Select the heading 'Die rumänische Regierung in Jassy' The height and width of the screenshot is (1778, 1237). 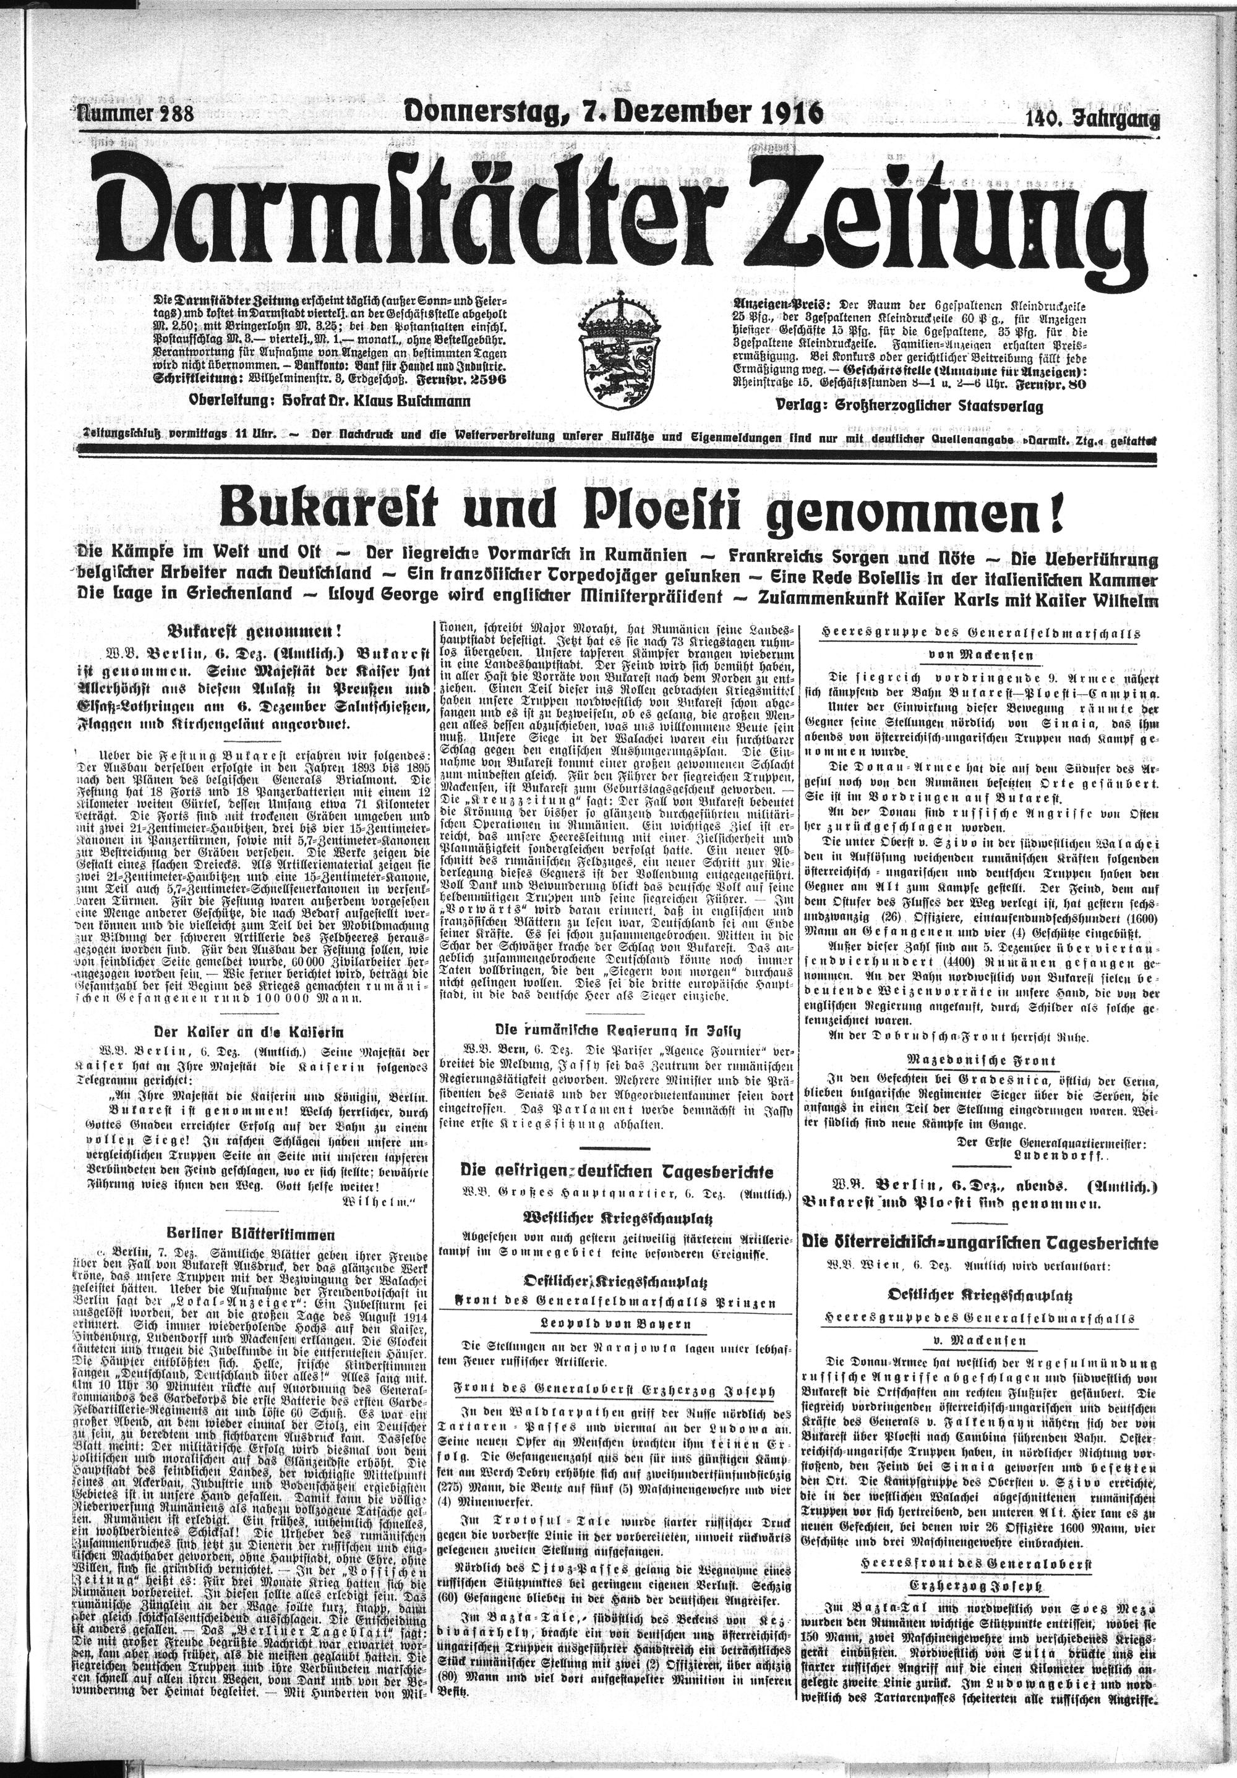pyautogui.click(x=617, y=1030)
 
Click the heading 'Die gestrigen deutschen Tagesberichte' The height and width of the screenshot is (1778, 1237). pyautogui.click(x=617, y=1171)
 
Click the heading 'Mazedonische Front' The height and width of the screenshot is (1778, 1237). pyautogui.click(x=982, y=1060)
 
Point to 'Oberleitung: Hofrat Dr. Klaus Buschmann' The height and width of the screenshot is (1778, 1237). pyautogui.click(x=329, y=401)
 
